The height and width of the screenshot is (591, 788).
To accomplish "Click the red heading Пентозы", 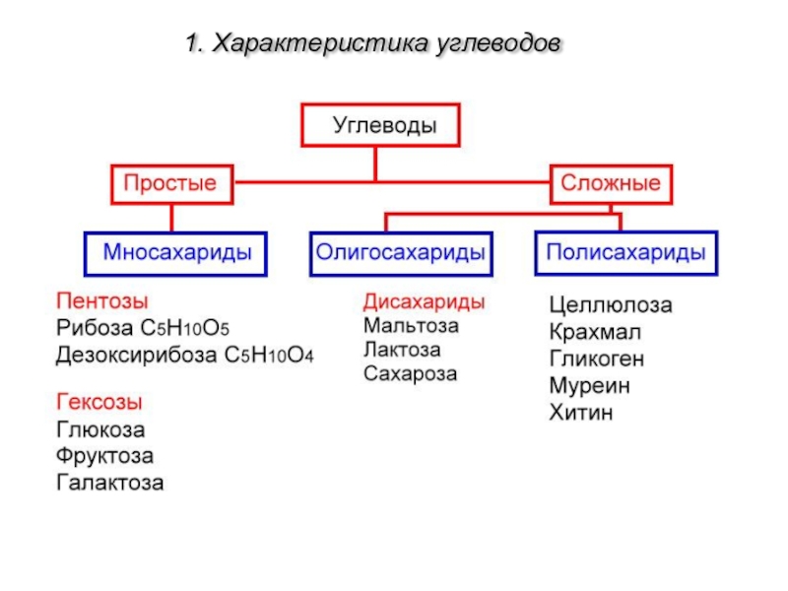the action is point(102,301).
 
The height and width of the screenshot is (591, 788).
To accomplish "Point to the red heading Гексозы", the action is point(99,402).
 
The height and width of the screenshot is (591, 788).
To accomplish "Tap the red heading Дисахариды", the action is point(425,301).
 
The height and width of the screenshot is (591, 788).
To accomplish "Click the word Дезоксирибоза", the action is point(136,355).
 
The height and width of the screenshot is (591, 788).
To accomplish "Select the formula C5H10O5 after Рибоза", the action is point(185,328).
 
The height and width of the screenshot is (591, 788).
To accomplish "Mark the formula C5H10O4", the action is point(269,355).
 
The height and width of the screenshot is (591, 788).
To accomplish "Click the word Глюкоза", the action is point(100,429).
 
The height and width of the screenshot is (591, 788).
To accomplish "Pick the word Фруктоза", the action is point(104,456).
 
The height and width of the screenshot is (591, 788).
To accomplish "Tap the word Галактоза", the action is point(110,483).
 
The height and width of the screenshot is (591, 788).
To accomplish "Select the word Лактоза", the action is point(402,350).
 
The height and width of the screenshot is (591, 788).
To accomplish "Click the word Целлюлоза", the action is point(611,305).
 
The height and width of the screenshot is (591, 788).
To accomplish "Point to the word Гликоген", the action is point(597,359).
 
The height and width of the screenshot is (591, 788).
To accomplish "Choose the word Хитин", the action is point(581,413).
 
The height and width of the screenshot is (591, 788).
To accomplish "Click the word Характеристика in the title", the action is point(320,43).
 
